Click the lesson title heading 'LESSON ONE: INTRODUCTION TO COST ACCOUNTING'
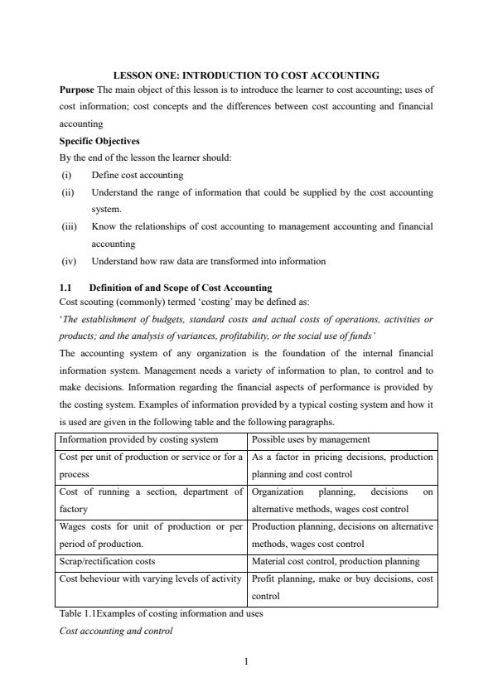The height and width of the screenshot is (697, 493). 246,75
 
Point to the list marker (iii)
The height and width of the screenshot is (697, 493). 70,226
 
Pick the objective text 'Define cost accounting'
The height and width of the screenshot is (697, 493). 137,175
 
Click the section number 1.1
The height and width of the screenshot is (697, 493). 68,288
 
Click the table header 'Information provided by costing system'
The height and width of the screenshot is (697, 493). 138,439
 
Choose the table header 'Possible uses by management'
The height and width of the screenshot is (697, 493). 311,439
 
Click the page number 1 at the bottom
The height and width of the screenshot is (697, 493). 246,661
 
